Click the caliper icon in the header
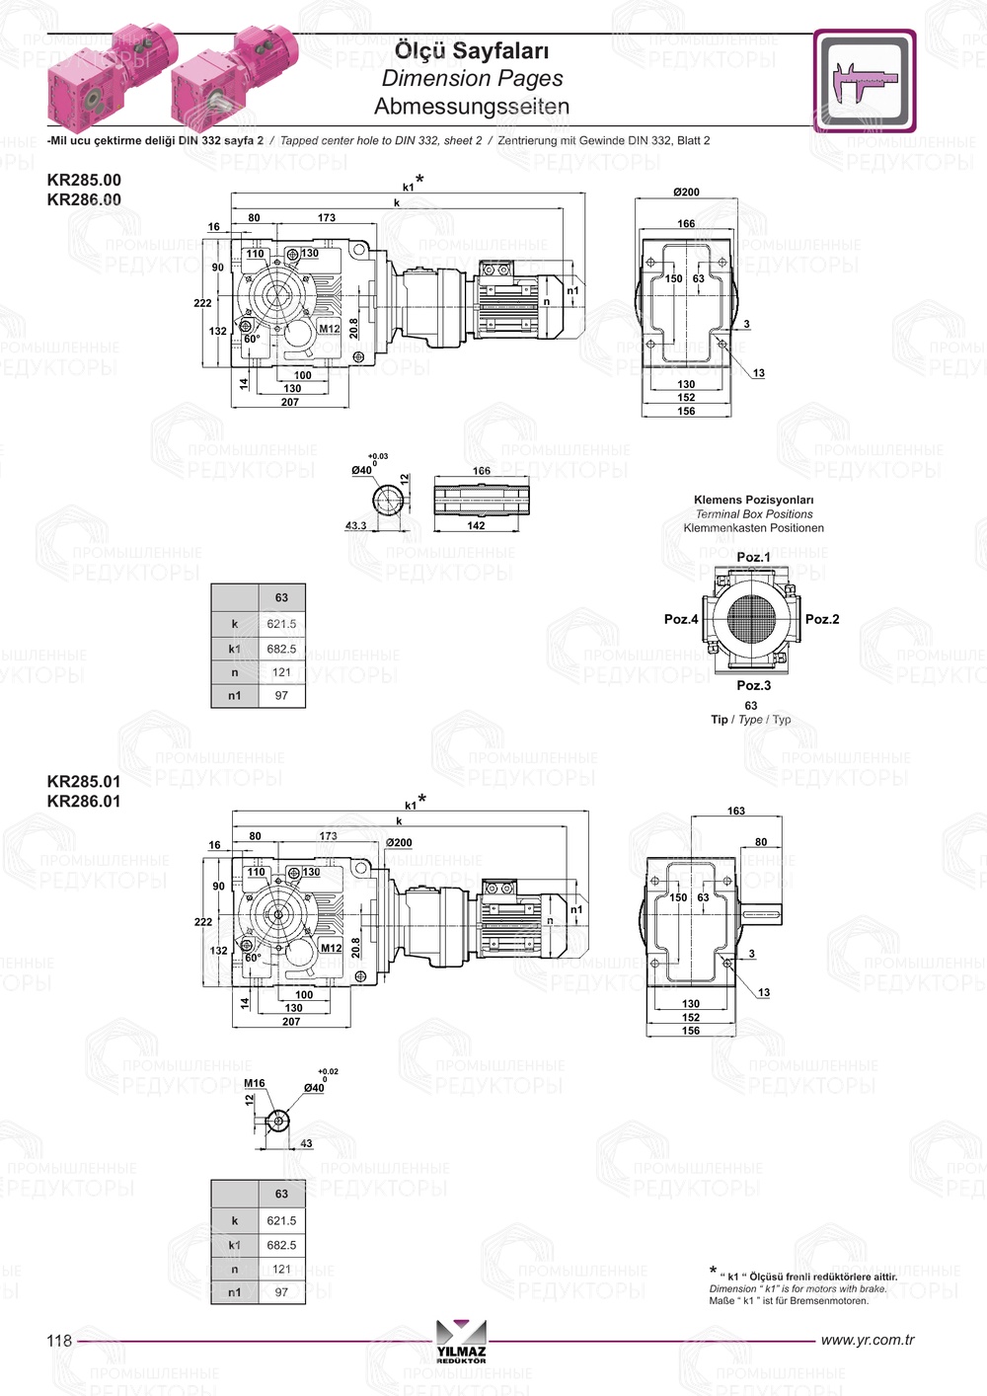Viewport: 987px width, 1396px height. [865, 81]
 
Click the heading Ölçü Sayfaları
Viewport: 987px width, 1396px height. [472, 50]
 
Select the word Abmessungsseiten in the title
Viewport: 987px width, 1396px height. [472, 106]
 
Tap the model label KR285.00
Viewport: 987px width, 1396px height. [84, 180]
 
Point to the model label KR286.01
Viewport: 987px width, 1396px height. [84, 802]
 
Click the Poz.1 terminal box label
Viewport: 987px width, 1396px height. [754, 557]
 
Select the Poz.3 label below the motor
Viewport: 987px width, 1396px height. [754, 685]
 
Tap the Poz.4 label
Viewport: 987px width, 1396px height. [681, 619]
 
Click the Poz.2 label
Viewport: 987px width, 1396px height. [822, 619]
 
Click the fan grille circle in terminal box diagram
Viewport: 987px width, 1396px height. [754, 619]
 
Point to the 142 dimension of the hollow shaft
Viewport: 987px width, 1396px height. [476, 525]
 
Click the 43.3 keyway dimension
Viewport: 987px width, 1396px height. [355, 525]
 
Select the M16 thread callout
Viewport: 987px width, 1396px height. [255, 1083]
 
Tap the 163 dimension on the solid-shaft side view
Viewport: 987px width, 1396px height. [736, 811]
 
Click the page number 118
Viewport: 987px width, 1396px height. [59, 1340]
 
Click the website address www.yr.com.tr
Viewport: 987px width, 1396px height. [868, 1340]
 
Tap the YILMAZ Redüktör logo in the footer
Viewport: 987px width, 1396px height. [461, 1342]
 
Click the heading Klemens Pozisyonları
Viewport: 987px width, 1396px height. [753, 500]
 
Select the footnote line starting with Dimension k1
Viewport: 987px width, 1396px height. [797, 1288]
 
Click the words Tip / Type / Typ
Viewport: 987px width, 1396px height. [751, 720]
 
